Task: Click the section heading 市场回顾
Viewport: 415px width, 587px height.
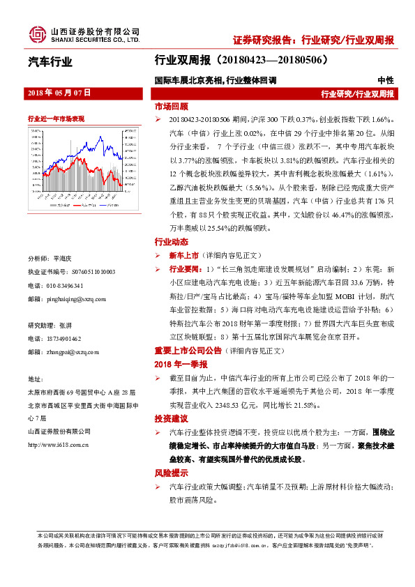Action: pyautogui.click(x=171, y=107)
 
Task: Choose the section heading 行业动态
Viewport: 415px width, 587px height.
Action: pyautogui.click(x=171, y=242)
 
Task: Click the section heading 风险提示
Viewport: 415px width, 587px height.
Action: pyautogui.click(x=171, y=473)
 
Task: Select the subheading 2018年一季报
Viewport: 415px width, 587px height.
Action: pyautogui.click(x=181, y=364)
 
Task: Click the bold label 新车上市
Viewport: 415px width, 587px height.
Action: pyautogui.click(x=183, y=255)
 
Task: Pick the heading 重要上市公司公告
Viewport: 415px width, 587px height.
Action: pyautogui.click(x=188, y=350)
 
